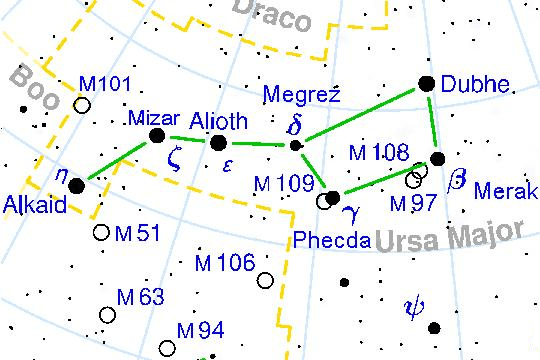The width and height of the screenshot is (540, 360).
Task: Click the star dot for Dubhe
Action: tap(427, 85)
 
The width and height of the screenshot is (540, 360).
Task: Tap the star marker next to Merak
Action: tap(436, 158)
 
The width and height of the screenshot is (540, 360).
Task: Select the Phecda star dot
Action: tap(333, 195)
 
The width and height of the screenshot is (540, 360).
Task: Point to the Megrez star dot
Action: tap(295, 146)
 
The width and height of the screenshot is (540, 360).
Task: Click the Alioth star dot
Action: tap(218, 143)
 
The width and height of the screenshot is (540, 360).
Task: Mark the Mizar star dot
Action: tap(156, 136)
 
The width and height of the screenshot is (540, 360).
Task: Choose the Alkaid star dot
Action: tap(77, 184)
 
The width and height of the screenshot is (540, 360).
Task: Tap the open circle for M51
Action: tap(101, 233)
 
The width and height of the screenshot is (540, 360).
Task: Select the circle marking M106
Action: tap(265, 281)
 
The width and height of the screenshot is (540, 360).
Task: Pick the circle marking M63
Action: tap(107, 315)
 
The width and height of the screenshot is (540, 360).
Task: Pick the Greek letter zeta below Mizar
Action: tap(174, 162)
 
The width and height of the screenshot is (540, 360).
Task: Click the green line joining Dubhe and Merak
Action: tap(432, 122)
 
